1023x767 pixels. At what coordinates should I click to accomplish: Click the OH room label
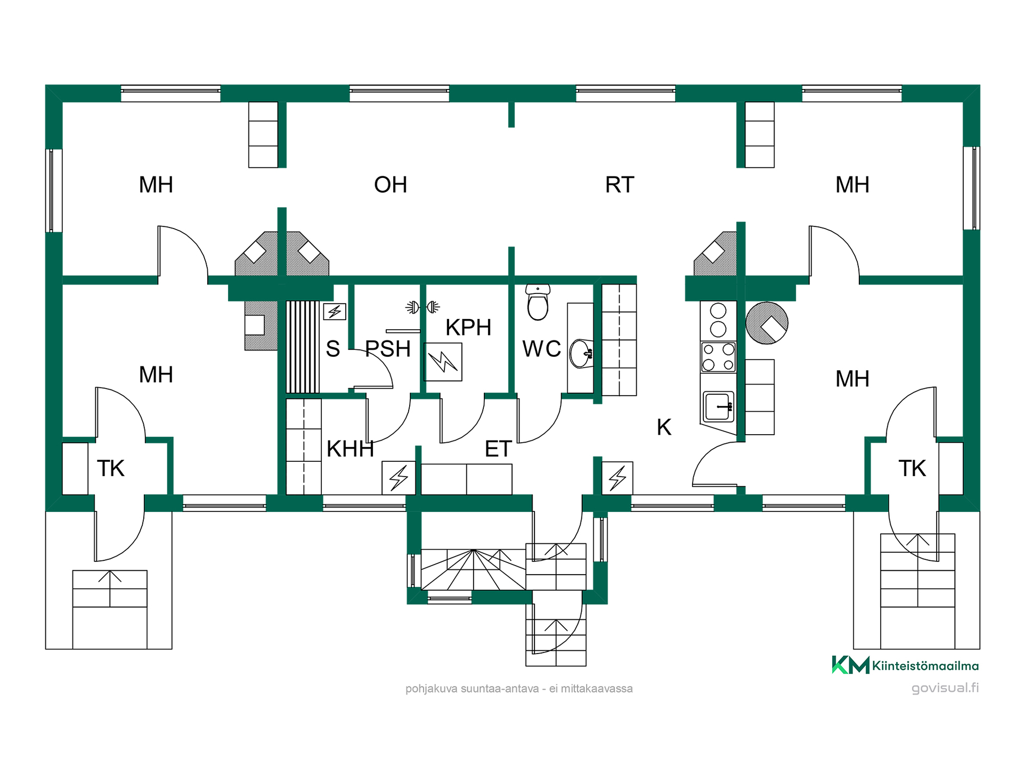pos(391,185)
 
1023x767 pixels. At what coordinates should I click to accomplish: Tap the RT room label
pos(620,185)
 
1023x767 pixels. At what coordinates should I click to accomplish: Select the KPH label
pos(468,328)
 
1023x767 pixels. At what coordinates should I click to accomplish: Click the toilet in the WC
pos(538,302)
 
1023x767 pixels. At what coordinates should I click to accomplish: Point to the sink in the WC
pos(581,353)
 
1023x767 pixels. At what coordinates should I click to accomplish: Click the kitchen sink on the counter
pos(718,407)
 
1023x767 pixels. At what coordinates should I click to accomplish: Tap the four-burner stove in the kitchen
pos(718,357)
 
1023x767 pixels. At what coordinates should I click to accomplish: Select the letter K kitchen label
pos(664,427)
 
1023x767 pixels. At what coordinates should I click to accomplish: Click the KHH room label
pos(350,449)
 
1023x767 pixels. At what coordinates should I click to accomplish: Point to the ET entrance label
pos(498,449)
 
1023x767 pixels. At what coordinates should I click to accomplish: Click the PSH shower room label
pos(388,349)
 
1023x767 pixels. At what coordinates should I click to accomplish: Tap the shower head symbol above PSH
pos(423,307)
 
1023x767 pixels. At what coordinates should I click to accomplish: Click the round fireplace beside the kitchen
pos(767,323)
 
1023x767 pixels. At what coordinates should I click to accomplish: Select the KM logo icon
pos(850,665)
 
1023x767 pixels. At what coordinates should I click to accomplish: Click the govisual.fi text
pos(945,688)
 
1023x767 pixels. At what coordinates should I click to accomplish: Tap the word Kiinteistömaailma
pos(925,666)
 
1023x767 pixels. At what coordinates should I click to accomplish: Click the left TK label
pos(111,468)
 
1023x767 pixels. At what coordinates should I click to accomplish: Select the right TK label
pos(912,468)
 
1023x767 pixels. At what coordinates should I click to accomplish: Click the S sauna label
pos(333,349)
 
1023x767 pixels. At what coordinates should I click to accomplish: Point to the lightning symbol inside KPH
pos(443,362)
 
